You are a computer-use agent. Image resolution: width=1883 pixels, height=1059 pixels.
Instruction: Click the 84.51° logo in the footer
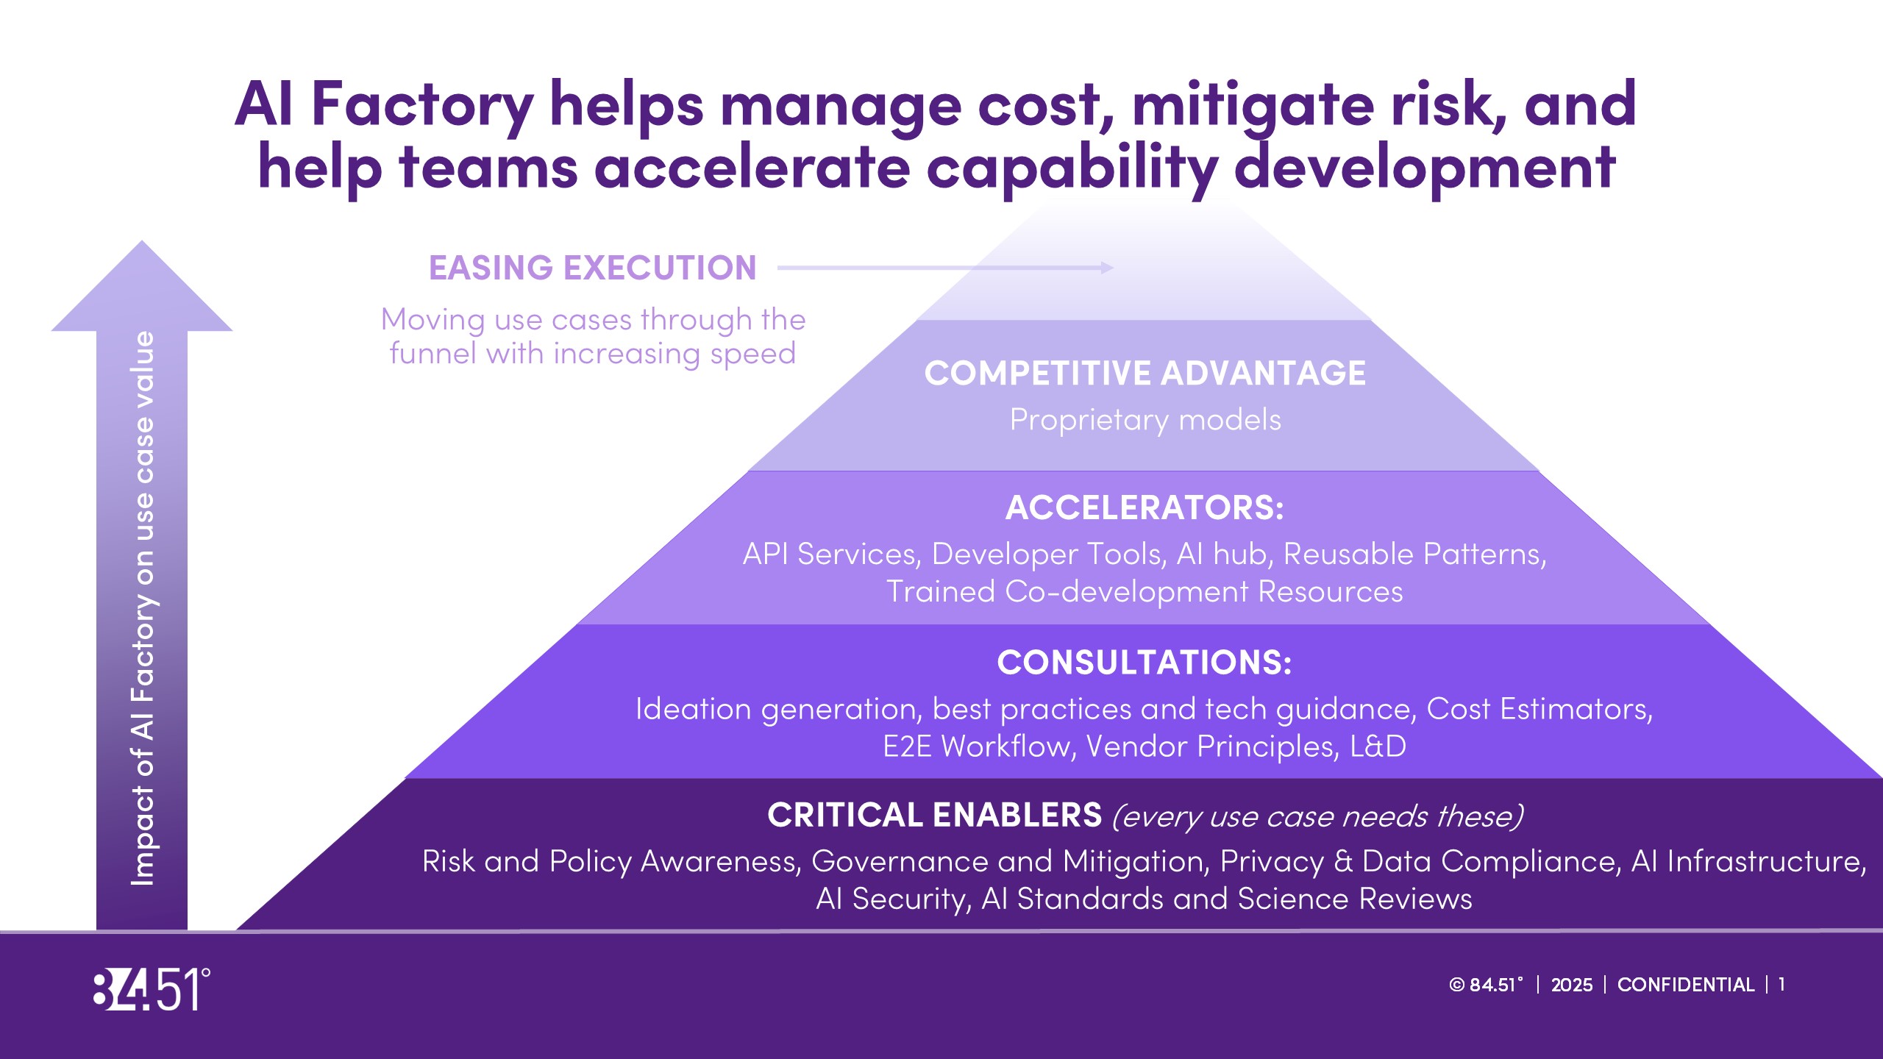tap(152, 989)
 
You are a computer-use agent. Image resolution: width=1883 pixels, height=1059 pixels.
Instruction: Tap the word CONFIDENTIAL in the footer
tap(1685, 985)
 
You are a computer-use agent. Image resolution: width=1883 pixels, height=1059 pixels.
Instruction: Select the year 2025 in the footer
tap(1572, 985)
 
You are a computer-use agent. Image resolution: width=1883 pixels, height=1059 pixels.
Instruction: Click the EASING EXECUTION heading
tap(593, 268)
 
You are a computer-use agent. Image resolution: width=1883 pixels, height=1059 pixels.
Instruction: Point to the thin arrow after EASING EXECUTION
tap(945, 268)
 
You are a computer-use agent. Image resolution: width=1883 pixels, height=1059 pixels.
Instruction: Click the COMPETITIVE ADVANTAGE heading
tap(1145, 373)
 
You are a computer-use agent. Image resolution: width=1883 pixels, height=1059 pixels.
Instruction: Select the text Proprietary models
tap(1145, 421)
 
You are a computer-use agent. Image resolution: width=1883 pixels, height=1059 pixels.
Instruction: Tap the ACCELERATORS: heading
tap(1145, 507)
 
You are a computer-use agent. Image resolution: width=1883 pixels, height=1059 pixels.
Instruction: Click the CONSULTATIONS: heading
tap(1145, 662)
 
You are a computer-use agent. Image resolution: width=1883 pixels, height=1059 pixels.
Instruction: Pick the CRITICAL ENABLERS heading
tap(935, 815)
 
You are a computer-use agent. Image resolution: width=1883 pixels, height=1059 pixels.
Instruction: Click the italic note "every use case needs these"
tap(1317, 817)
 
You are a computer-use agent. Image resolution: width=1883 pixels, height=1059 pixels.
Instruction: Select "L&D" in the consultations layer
tap(1378, 746)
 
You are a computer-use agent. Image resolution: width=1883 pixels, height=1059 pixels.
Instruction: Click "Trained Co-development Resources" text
tap(1145, 592)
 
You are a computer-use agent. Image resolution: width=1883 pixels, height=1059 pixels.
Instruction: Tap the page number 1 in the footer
tap(1781, 985)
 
